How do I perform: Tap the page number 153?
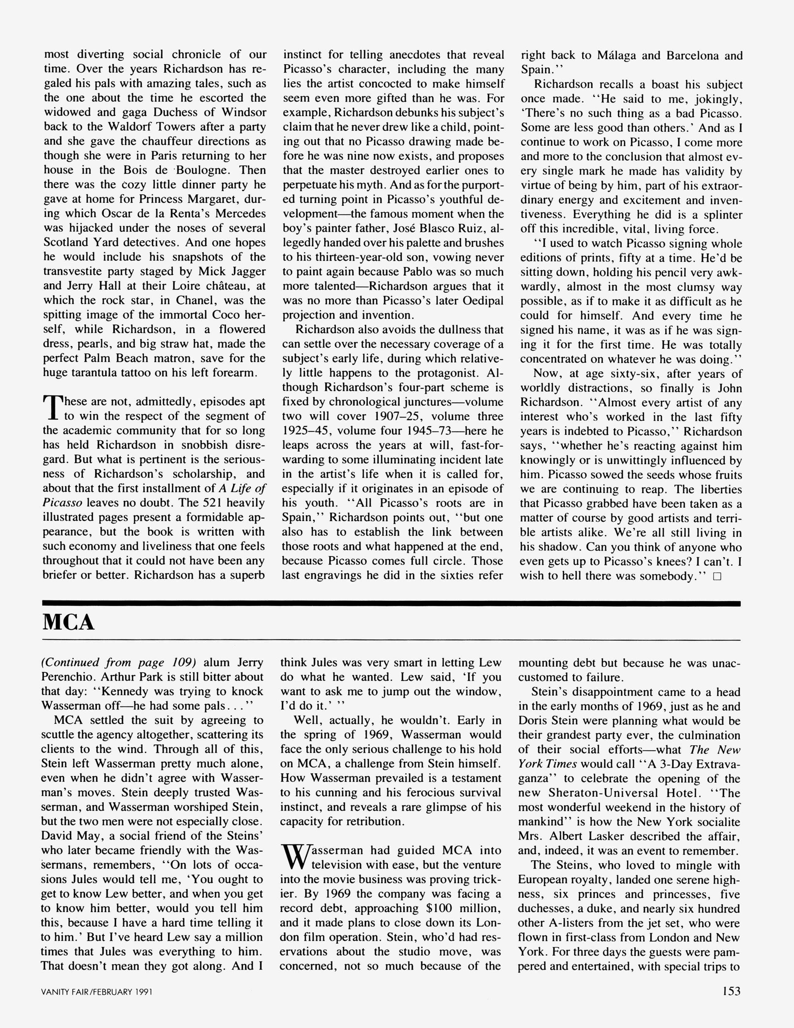point(731,991)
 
